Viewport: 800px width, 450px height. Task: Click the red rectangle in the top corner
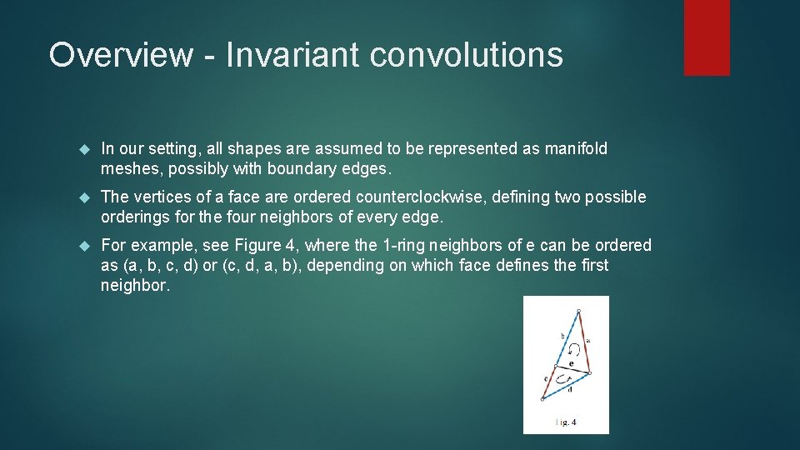[707, 37]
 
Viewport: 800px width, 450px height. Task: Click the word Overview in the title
[120, 55]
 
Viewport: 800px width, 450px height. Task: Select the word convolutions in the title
[466, 55]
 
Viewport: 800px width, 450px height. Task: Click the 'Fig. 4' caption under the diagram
[566, 422]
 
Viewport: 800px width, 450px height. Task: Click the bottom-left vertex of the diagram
[542, 399]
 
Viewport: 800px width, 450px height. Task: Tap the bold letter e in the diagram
[571, 363]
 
